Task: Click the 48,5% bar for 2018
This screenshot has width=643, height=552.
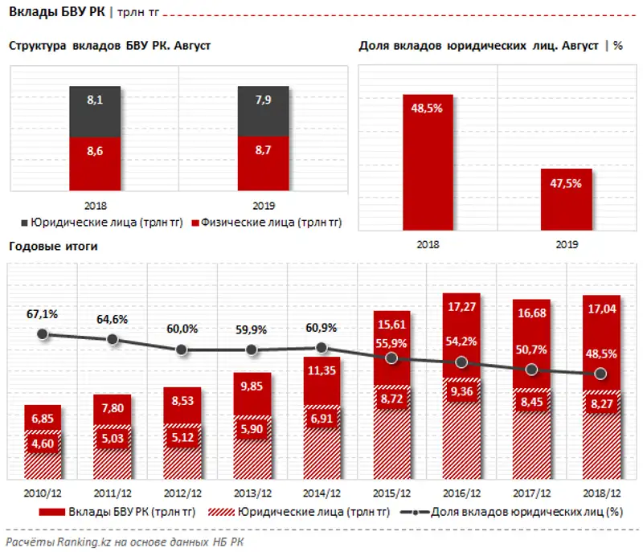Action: pyautogui.click(x=428, y=161)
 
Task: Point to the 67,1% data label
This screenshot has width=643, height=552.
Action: pyautogui.click(x=43, y=313)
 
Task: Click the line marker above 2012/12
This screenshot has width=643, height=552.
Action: pyautogui.click(x=182, y=350)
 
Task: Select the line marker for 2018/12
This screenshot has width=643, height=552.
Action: pyautogui.click(x=600, y=374)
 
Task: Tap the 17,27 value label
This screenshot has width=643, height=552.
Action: pyautogui.click(x=461, y=307)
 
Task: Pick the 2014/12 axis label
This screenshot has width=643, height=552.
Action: pyautogui.click(x=321, y=491)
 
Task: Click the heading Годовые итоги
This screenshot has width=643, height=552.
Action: pyautogui.click(x=53, y=247)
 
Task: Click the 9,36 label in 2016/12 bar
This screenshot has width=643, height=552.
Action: pyautogui.click(x=461, y=391)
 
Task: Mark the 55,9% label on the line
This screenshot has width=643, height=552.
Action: pyautogui.click(x=391, y=343)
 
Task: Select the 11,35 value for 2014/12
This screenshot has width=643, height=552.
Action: pyautogui.click(x=321, y=370)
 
